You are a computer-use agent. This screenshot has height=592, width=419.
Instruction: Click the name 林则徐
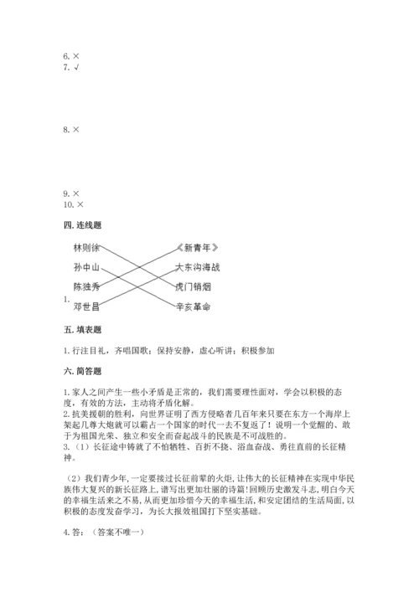click(x=86, y=248)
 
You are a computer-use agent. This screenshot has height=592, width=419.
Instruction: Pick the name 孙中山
click(x=86, y=268)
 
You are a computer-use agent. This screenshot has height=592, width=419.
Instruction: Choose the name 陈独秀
click(x=86, y=287)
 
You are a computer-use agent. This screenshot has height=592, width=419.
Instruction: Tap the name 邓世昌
click(x=86, y=307)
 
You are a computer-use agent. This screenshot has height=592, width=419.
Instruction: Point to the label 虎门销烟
click(x=194, y=287)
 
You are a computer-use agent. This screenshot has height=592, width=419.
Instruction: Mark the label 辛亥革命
click(x=194, y=307)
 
